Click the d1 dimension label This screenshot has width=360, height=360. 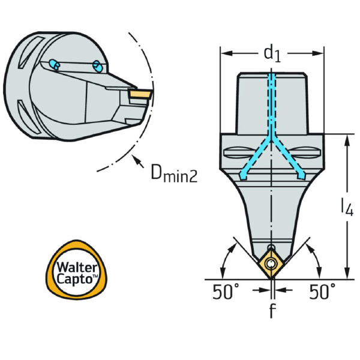pos(272,54)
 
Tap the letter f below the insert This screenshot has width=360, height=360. pos(272,311)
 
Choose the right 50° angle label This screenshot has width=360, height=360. pos(322,292)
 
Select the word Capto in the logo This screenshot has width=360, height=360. pos(75,279)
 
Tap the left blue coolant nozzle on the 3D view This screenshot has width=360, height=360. pos(55,64)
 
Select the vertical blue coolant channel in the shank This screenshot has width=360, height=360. pos(271,102)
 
